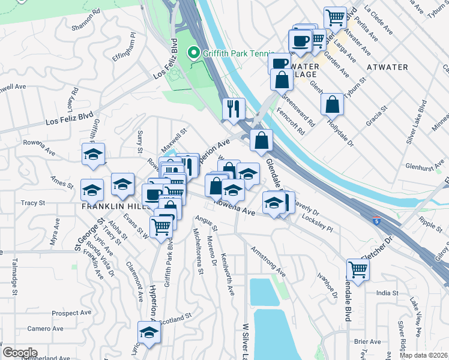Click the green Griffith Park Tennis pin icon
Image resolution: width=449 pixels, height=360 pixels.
point(194,53)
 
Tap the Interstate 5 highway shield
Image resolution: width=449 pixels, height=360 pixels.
point(376,221)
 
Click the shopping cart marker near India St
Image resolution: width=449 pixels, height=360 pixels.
point(358,270)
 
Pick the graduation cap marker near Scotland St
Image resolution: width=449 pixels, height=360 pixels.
point(148,332)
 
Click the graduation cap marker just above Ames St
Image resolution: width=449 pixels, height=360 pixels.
point(93,155)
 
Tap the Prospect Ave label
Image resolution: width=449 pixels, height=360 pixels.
point(70,313)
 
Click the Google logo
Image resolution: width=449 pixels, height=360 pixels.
point(20,352)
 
